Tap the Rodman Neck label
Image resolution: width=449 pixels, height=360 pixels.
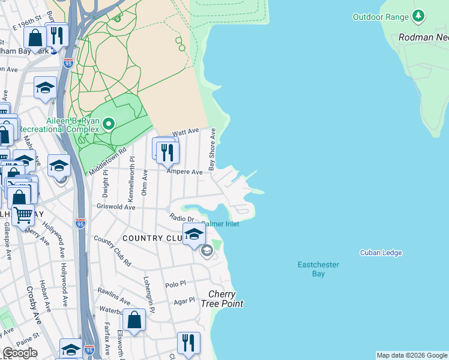(x=424, y=37)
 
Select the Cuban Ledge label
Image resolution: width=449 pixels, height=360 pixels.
(x=381, y=253)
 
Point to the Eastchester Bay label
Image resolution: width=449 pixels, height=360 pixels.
(x=318, y=269)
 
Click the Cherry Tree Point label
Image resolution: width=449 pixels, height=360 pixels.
(x=226, y=299)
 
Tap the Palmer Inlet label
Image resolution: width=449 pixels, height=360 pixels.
(x=220, y=224)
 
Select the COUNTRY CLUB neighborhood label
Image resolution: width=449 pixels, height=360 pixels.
(x=151, y=238)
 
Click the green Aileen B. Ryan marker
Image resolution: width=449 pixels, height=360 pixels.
(x=109, y=124)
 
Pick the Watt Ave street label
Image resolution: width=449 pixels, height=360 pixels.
(x=185, y=131)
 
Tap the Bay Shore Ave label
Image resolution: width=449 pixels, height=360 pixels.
(x=212, y=149)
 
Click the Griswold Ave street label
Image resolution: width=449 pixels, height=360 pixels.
(x=116, y=206)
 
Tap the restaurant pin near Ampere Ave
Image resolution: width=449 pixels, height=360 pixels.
(x=167, y=152)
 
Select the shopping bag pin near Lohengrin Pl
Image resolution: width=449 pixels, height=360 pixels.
(x=134, y=320)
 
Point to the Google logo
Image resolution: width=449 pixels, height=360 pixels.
(x=20, y=353)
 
